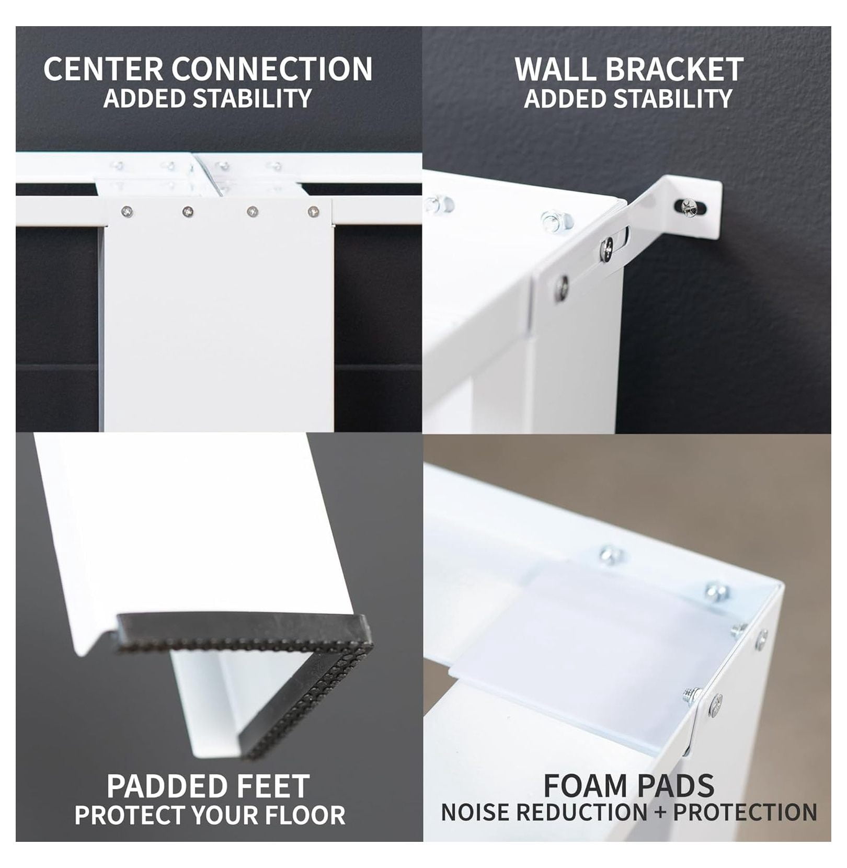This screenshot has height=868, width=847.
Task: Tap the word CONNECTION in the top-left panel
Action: (272, 69)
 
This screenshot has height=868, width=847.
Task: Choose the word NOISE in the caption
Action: (475, 813)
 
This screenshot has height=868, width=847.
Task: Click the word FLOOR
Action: (308, 815)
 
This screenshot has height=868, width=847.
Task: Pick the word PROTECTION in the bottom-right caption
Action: (745, 813)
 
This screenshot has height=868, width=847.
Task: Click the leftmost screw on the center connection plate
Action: (127, 212)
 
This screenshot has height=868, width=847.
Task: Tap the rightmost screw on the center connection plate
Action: (313, 212)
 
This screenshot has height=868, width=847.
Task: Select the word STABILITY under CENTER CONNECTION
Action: (253, 99)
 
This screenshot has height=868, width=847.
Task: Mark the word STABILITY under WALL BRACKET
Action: (673, 99)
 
